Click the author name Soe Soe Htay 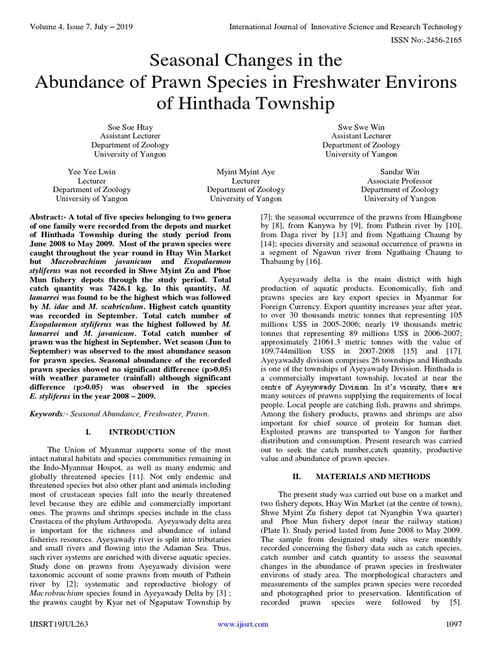tap(130, 127)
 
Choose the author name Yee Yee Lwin tap(92, 172)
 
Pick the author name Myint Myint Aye tap(245, 172)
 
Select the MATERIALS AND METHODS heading tap(370, 477)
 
